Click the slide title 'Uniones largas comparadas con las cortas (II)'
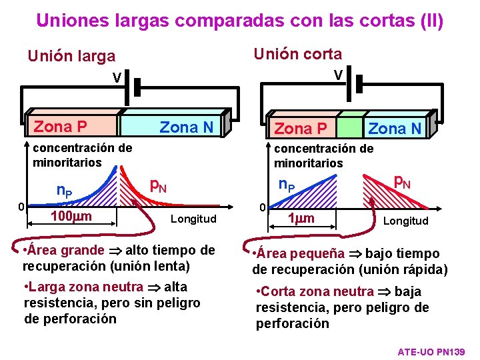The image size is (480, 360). [x=239, y=21]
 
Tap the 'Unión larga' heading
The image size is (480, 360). [x=71, y=57]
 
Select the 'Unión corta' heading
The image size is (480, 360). [x=297, y=54]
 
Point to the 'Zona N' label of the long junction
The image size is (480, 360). [x=186, y=127]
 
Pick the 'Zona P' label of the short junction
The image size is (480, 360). [x=301, y=128]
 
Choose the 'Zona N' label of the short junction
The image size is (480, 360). [x=395, y=128]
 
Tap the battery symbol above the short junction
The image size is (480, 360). [x=359, y=84]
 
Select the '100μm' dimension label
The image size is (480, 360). [x=71, y=215]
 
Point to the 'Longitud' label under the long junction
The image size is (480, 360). [x=193, y=219]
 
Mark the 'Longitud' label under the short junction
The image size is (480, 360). [x=405, y=221]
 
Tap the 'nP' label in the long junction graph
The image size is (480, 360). [x=65, y=192]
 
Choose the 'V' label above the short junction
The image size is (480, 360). [x=338, y=75]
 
